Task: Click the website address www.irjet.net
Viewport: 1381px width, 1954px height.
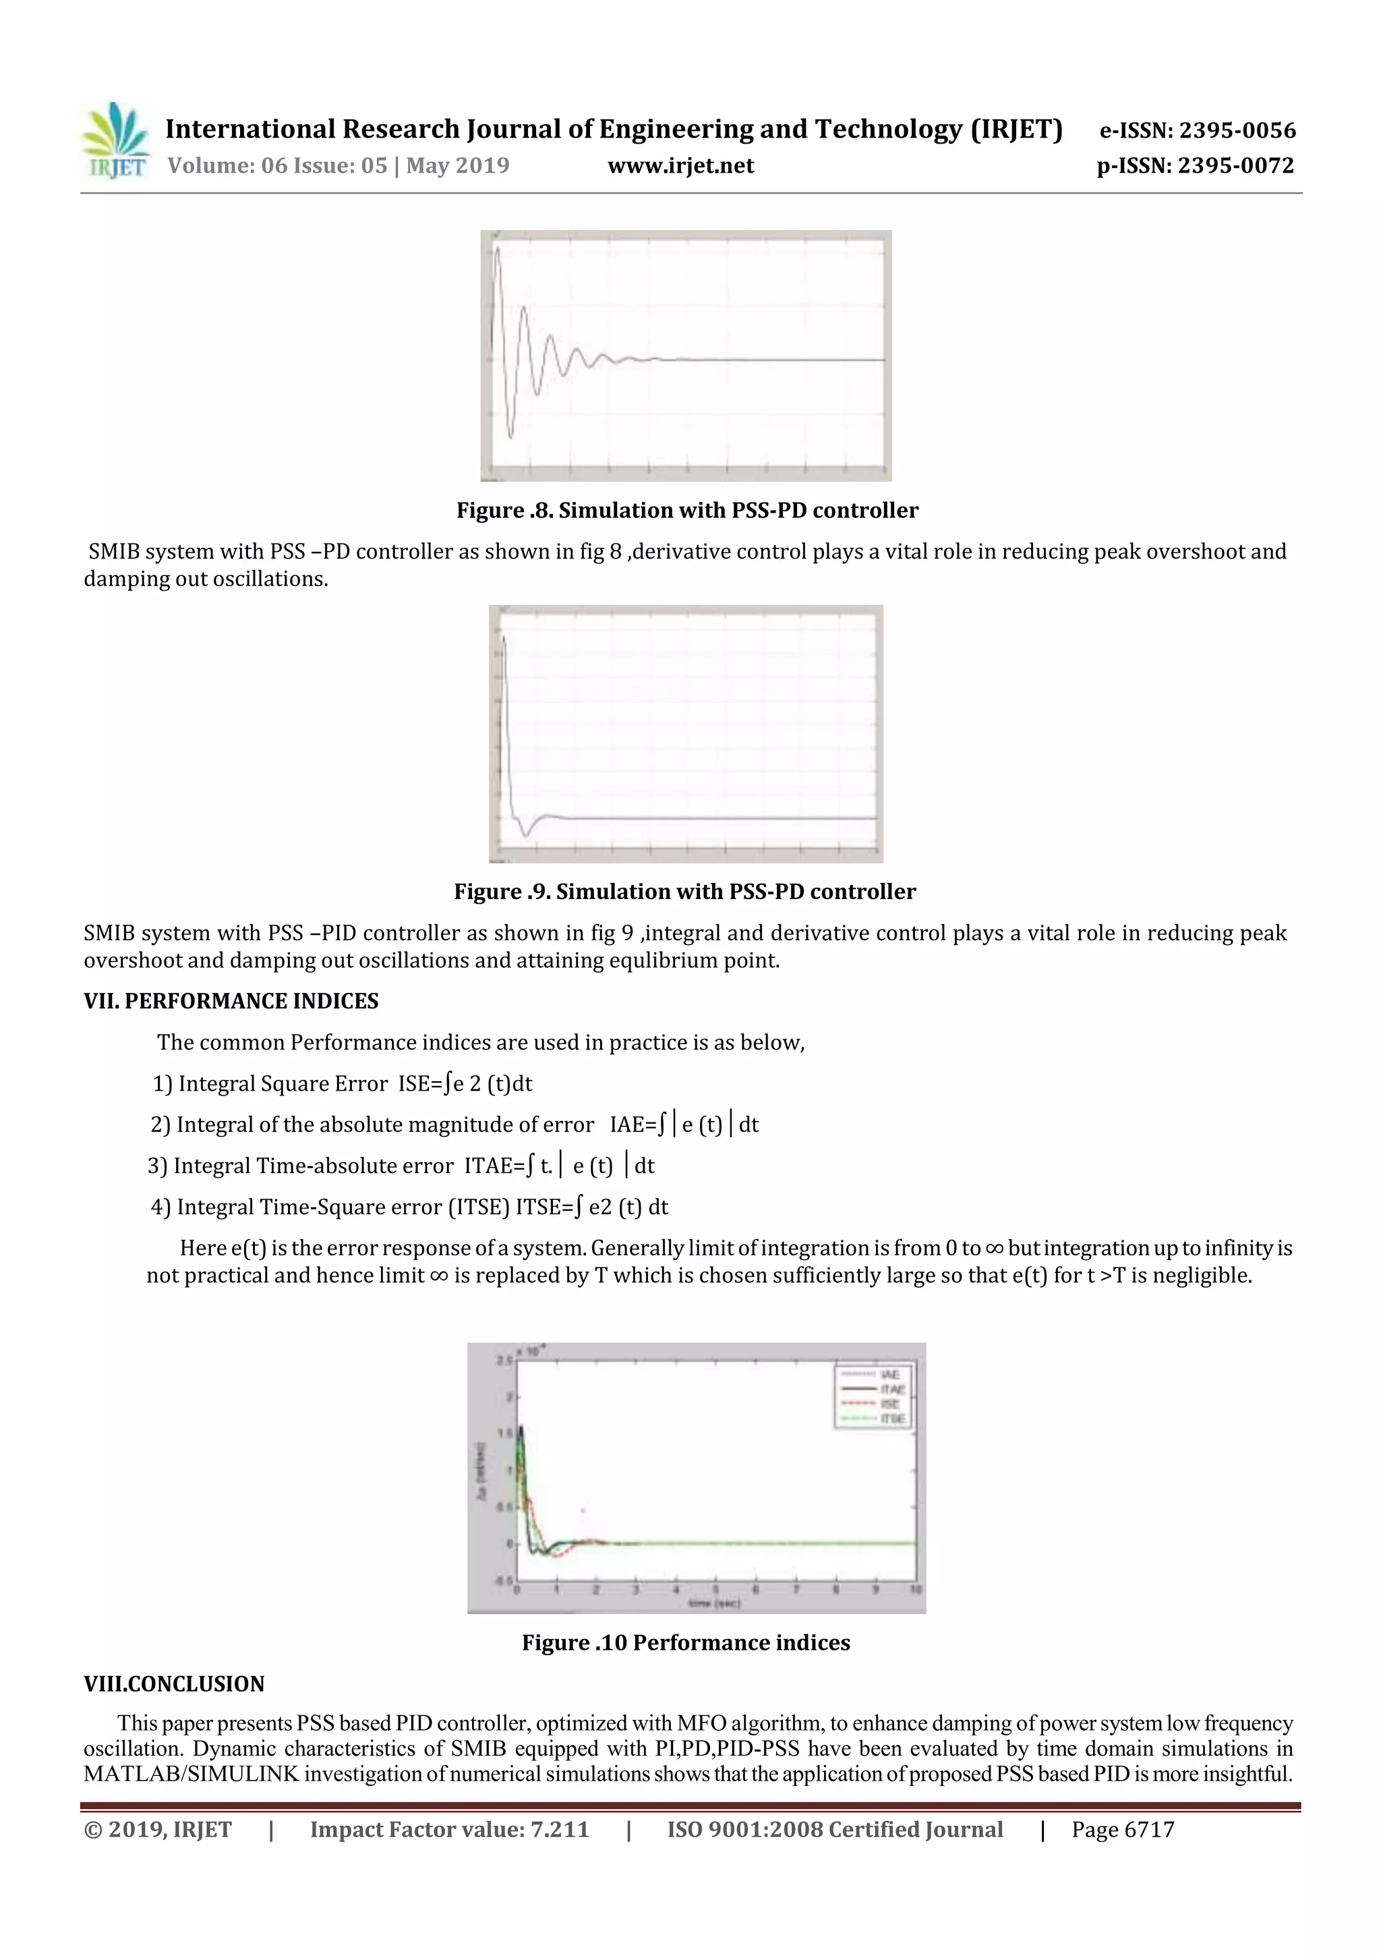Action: click(x=680, y=166)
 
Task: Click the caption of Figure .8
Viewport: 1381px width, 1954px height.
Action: click(x=686, y=511)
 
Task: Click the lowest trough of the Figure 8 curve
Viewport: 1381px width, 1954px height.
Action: click(x=510, y=438)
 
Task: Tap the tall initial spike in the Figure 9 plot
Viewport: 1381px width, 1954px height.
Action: click(x=504, y=638)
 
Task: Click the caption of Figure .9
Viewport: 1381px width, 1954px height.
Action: click(x=684, y=892)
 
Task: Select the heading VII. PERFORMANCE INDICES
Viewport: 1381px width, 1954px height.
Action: click(x=231, y=1001)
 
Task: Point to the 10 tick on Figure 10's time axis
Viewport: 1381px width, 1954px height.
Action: click(x=916, y=1590)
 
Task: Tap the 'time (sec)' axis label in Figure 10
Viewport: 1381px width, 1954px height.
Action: click(x=714, y=1603)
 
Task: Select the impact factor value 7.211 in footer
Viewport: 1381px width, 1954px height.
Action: click(x=559, y=1830)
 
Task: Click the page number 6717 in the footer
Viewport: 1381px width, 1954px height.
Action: click(x=1149, y=1830)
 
